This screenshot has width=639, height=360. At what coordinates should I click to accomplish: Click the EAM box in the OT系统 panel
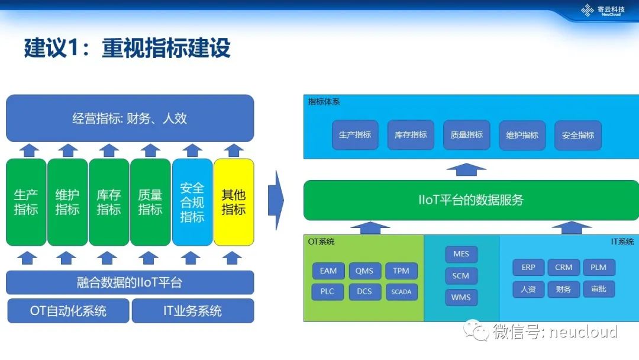click(x=328, y=271)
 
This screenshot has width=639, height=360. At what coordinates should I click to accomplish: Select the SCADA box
click(x=401, y=291)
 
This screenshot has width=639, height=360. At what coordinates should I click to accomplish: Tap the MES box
click(x=461, y=255)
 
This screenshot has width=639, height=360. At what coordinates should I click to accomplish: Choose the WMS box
click(x=461, y=297)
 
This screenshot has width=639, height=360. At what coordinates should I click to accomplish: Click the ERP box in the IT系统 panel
click(x=528, y=268)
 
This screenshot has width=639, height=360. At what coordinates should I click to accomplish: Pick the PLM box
click(x=599, y=268)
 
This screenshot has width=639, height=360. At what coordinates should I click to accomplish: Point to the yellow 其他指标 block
click(x=234, y=202)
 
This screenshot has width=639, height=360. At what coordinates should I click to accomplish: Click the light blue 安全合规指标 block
click(x=192, y=202)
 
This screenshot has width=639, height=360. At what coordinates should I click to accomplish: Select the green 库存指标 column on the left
click(x=109, y=202)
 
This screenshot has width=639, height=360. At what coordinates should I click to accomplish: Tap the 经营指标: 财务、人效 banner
click(x=130, y=118)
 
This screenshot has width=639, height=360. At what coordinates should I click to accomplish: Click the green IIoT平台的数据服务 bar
click(x=471, y=200)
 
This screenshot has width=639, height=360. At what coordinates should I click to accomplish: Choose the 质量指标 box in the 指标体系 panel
click(x=467, y=135)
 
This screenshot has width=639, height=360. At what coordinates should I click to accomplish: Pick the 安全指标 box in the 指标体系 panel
click(x=578, y=135)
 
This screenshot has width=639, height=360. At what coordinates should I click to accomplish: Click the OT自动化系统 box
click(x=68, y=311)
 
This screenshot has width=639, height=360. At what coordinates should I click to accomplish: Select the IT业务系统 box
click(x=193, y=311)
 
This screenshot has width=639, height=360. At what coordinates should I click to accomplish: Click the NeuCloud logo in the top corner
click(x=603, y=11)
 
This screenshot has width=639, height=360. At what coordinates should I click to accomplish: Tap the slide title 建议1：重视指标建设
click(x=127, y=48)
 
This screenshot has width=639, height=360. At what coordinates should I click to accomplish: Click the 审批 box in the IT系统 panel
click(x=599, y=289)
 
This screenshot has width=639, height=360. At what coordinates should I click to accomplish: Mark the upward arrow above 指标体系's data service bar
click(x=466, y=169)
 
